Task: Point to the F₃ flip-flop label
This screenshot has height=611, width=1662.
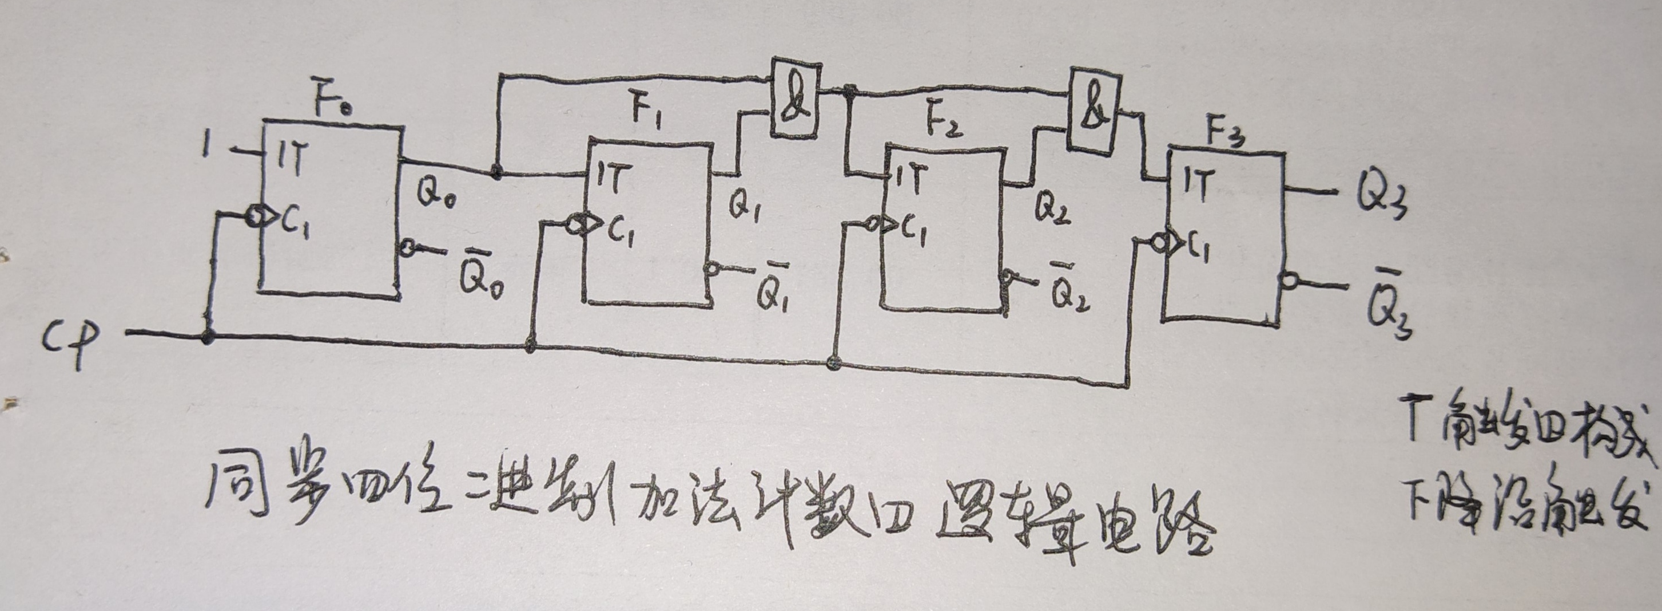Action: tap(1226, 135)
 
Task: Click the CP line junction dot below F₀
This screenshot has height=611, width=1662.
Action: tap(207, 336)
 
